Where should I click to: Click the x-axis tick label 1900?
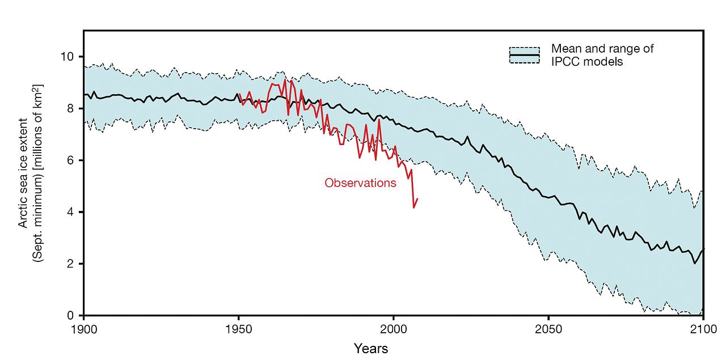(x=83, y=329)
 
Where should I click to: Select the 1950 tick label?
(x=238, y=329)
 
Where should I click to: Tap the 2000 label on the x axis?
(x=393, y=329)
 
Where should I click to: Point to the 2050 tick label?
(x=548, y=329)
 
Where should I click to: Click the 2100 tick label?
(x=703, y=329)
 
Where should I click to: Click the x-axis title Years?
(x=371, y=348)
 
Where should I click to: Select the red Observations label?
(x=360, y=183)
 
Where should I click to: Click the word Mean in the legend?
(x=566, y=49)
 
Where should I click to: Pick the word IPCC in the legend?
(x=565, y=61)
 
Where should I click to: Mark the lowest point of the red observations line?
(x=413, y=208)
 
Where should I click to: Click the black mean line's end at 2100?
(x=703, y=249)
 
